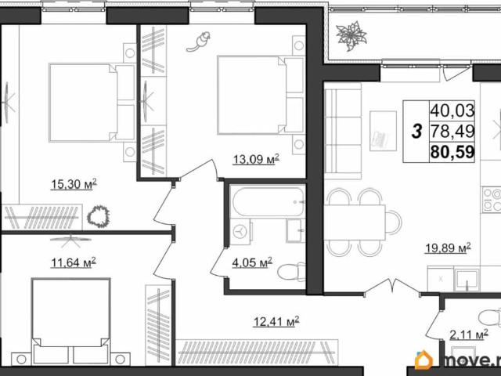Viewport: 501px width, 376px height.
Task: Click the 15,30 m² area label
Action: [74, 184]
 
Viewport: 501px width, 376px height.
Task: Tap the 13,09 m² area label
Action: [256, 159]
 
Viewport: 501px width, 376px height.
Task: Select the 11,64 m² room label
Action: [74, 262]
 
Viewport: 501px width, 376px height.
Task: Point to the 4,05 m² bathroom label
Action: [252, 262]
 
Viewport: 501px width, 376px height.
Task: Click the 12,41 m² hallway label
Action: [276, 322]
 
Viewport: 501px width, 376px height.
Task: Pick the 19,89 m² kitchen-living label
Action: [448, 248]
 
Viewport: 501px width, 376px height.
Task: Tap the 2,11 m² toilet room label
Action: [469, 335]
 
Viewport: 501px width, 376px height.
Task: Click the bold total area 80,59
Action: [452, 152]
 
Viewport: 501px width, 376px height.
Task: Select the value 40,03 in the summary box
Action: [452, 110]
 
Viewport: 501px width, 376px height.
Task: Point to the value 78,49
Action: [452, 131]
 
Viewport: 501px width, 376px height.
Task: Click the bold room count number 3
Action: [416, 132]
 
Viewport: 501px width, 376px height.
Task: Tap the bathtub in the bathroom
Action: [268, 202]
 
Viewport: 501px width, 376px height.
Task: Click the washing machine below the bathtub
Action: [240, 232]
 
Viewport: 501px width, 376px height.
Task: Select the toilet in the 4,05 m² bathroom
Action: [291, 272]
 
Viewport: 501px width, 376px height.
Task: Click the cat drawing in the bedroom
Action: [199, 42]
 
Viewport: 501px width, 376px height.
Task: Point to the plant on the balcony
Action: [351, 36]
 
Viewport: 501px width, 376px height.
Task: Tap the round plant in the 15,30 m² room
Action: [99, 216]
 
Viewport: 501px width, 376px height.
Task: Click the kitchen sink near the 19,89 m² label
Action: [467, 280]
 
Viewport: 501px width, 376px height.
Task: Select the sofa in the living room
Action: [343, 131]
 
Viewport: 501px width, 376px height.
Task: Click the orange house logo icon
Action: [424, 360]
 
